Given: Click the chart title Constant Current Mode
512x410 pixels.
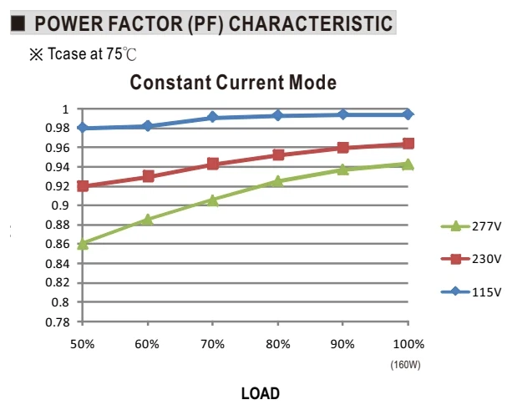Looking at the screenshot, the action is click(x=233, y=83).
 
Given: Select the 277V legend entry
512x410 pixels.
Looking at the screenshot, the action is click(x=471, y=226).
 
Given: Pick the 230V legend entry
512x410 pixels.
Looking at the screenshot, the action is click(x=471, y=259).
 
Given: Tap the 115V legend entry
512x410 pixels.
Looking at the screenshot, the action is click(x=471, y=291).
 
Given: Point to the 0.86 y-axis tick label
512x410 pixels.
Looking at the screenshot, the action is click(x=58, y=244).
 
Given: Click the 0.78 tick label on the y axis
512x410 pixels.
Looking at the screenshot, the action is click(x=58, y=322).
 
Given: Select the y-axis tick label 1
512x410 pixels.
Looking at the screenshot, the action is click(x=66, y=109).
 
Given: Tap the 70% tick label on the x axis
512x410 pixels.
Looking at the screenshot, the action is click(x=213, y=344).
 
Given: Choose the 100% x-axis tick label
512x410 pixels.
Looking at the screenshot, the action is click(x=408, y=344).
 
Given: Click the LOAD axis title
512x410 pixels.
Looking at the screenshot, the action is click(x=261, y=393).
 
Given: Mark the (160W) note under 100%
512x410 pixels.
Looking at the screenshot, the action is click(x=406, y=365).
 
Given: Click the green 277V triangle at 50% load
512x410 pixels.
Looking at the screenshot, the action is click(x=83, y=244).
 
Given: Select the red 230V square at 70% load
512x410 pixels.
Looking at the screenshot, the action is click(x=213, y=164).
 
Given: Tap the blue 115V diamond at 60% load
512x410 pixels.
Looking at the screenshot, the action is click(x=148, y=126).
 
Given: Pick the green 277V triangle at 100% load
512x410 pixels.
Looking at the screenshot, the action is click(x=408, y=165).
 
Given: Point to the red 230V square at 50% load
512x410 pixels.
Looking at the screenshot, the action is click(x=83, y=186).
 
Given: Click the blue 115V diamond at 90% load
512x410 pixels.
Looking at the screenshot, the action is click(x=342, y=114).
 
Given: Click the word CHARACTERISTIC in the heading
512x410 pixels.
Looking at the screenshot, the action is click(x=311, y=23).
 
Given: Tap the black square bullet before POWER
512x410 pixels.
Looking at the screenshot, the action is click(x=18, y=23).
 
